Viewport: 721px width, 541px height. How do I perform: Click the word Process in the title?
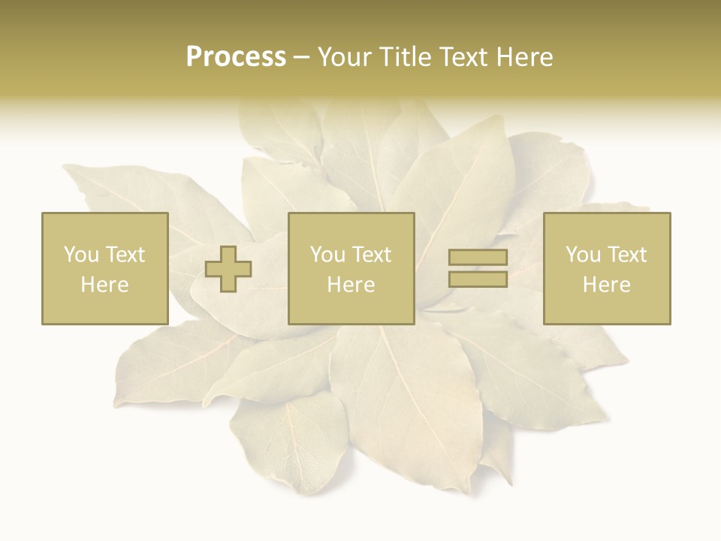(236, 57)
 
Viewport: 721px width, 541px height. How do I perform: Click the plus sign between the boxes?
(228, 269)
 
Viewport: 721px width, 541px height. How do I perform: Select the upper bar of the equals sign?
(478, 258)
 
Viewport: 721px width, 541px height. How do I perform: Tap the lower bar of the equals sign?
(478, 279)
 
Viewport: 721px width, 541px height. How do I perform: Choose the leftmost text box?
(104, 268)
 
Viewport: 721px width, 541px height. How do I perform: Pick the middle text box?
(351, 268)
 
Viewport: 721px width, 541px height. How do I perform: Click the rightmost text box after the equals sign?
(606, 268)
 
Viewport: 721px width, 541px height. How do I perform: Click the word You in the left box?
(81, 255)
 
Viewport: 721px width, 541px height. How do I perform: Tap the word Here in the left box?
(104, 285)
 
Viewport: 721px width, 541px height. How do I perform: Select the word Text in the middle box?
(372, 255)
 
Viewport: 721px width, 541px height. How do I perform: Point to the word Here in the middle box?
(351, 285)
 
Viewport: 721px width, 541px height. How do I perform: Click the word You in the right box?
(583, 255)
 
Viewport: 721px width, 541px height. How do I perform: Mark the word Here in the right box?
(606, 285)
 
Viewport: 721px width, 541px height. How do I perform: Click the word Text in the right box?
(627, 255)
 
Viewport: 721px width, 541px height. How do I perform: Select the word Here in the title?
(526, 57)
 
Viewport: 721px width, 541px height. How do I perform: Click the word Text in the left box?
(125, 255)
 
